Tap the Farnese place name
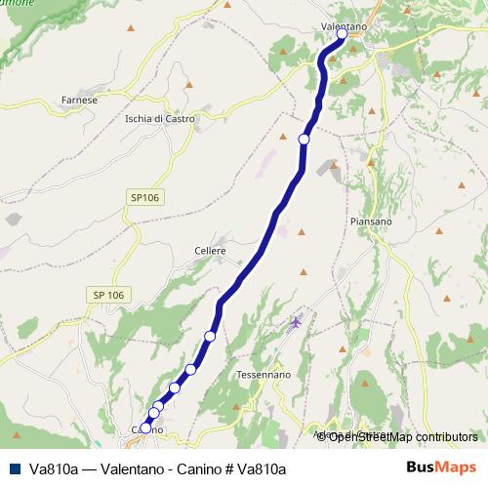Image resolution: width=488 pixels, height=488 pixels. [78, 100]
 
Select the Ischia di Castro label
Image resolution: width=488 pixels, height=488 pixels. [160, 119]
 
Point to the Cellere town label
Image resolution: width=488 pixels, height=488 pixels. [210, 251]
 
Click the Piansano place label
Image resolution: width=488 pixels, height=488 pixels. [370, 222]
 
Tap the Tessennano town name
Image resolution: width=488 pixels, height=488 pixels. [259, 375]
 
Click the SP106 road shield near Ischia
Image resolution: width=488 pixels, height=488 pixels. [143, 198]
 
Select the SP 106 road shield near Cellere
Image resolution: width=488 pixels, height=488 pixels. [108, 295]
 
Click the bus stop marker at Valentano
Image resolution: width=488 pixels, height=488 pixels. [342, 34]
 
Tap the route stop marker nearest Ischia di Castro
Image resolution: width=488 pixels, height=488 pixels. [304, 140]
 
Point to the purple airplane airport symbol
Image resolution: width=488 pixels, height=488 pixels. [296, 321]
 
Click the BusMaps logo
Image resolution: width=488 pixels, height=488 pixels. [441, 468]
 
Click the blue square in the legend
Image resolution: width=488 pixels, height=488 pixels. [15, 469]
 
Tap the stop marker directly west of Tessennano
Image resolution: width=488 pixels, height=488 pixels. [191, 370]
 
